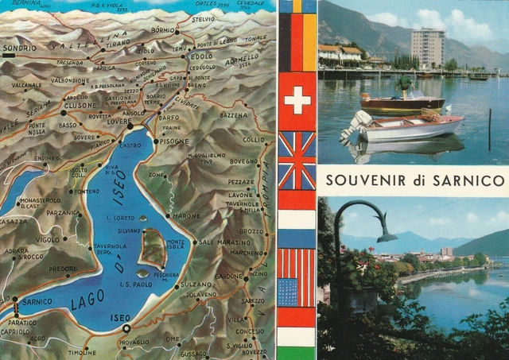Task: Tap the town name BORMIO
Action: (x=163, y=30)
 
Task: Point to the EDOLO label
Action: (x=201, y=56)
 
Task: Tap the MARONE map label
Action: (x=187, y=215)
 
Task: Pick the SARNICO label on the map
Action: (x=37, y=302)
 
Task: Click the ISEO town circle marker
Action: (x=126, y=328)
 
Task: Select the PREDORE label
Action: (x=63, y=269)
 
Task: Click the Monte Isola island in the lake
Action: (x=152, y=247)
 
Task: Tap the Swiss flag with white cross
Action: (x=297, y=101)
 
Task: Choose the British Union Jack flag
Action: (x=297, y=161)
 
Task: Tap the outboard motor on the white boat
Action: (x=359, y=121)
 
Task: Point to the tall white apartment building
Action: (x=428, y=48)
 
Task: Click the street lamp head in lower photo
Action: (x=387, y=236)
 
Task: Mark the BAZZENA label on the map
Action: (x=234, y=115)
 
